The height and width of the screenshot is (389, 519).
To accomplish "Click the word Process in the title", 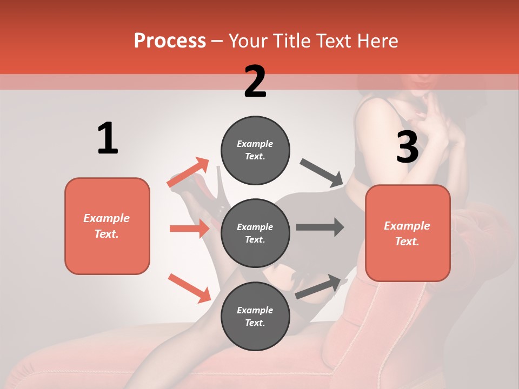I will pyautogui.click(x=170, y=41).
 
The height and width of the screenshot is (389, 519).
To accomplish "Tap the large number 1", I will pyautogui.click(x=108, y=139).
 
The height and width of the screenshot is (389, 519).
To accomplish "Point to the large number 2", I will pyautogui.click(x=255, y=82).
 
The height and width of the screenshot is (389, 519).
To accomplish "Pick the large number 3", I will pyautogui.click(x=407, y=147).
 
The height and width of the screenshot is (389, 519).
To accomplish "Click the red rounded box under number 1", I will pyautogui.click(x=107, y=226).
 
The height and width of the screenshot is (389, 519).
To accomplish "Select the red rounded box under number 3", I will pyautogui.click(x=408, y=233).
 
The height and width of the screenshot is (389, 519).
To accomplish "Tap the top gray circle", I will pyautogui.click(x=255, y=150).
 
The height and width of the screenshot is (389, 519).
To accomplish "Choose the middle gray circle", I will pyautogui.click(x=255, y=233).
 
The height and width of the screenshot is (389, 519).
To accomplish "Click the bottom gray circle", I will pyautogui.click(x=255, y=316).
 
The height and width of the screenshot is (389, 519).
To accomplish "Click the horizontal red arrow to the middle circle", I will pyautogui.click(x=189, y=229).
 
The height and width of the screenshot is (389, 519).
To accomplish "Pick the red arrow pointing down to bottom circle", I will pyautogui.click(x=189, y=288).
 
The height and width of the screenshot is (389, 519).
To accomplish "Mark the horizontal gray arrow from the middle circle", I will pyautogui.click(x=320, y=227).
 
